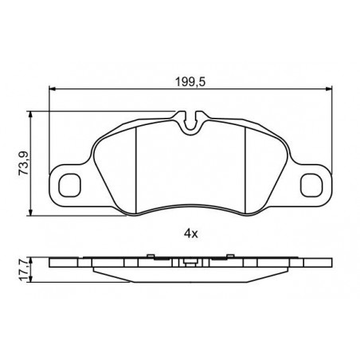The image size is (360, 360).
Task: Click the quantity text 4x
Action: [x=190, y=233]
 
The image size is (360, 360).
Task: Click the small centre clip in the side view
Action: [x=189, y=260]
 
